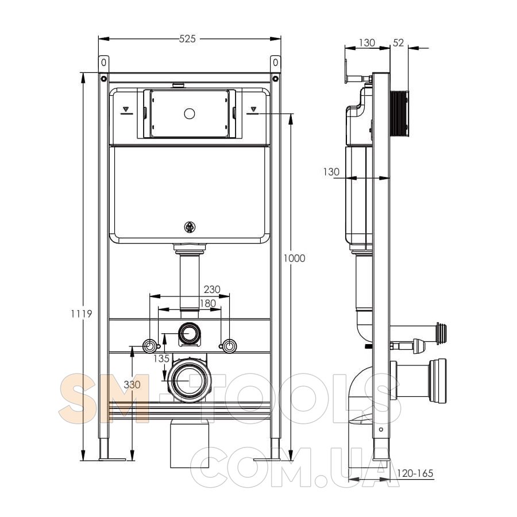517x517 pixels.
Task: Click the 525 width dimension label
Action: coord(187,39)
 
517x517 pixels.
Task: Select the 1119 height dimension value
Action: coord(82,314)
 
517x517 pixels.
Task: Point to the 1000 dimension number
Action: coord(295,258)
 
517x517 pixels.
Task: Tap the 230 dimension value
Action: coord(211,289)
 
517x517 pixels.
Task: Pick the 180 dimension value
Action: coord(208,303)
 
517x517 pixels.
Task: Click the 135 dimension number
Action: coord(161,358)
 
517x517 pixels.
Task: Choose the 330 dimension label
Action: coord(132,384)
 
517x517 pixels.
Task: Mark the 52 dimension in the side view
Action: coord(398,43)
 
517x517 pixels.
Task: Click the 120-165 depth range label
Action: coord(415,473)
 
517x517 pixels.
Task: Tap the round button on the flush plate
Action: coord(189,114)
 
